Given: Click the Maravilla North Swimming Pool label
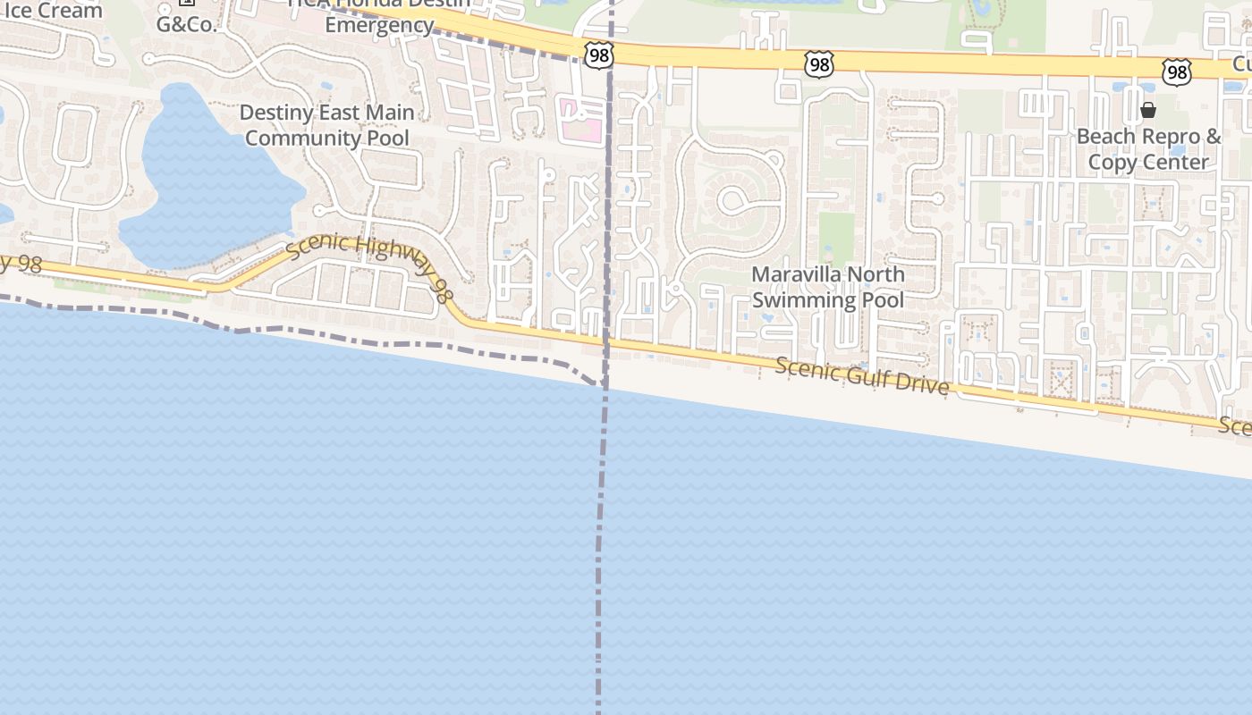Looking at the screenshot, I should pos(827,287).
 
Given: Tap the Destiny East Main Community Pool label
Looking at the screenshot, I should pos(328,125).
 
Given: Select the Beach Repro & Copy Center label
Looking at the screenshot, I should pos(1148,149).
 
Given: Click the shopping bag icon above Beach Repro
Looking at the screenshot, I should pos(1148,111).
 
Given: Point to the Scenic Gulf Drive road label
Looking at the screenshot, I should pos(862,375).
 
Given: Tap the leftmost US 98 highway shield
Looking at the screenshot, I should pos(599,56).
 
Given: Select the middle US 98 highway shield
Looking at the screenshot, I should pos(819,63).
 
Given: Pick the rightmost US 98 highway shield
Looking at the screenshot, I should pos(1177,72).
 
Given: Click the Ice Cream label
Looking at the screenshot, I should pos(51,10).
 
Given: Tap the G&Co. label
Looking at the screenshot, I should pos(187,25).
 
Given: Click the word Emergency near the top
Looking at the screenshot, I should pos(379,25).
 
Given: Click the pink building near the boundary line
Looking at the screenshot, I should pos(579,121).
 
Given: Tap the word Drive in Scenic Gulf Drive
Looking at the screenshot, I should pos(922,383).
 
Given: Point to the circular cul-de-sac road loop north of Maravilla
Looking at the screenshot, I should pos(735,199).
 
